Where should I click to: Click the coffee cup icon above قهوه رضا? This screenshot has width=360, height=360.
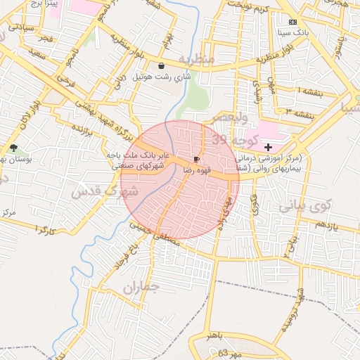click(196, 160)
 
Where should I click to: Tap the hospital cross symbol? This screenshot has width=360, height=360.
click(268, 148)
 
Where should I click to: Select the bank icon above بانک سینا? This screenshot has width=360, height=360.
click(293, 22)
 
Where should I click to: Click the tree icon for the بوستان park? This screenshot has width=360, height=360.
click(13, 148)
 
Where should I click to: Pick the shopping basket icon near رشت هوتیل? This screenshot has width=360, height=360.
click(162, 65)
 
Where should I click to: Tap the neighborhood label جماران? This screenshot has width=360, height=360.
click(141, 287)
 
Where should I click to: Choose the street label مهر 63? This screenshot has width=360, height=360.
click(229, 352)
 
